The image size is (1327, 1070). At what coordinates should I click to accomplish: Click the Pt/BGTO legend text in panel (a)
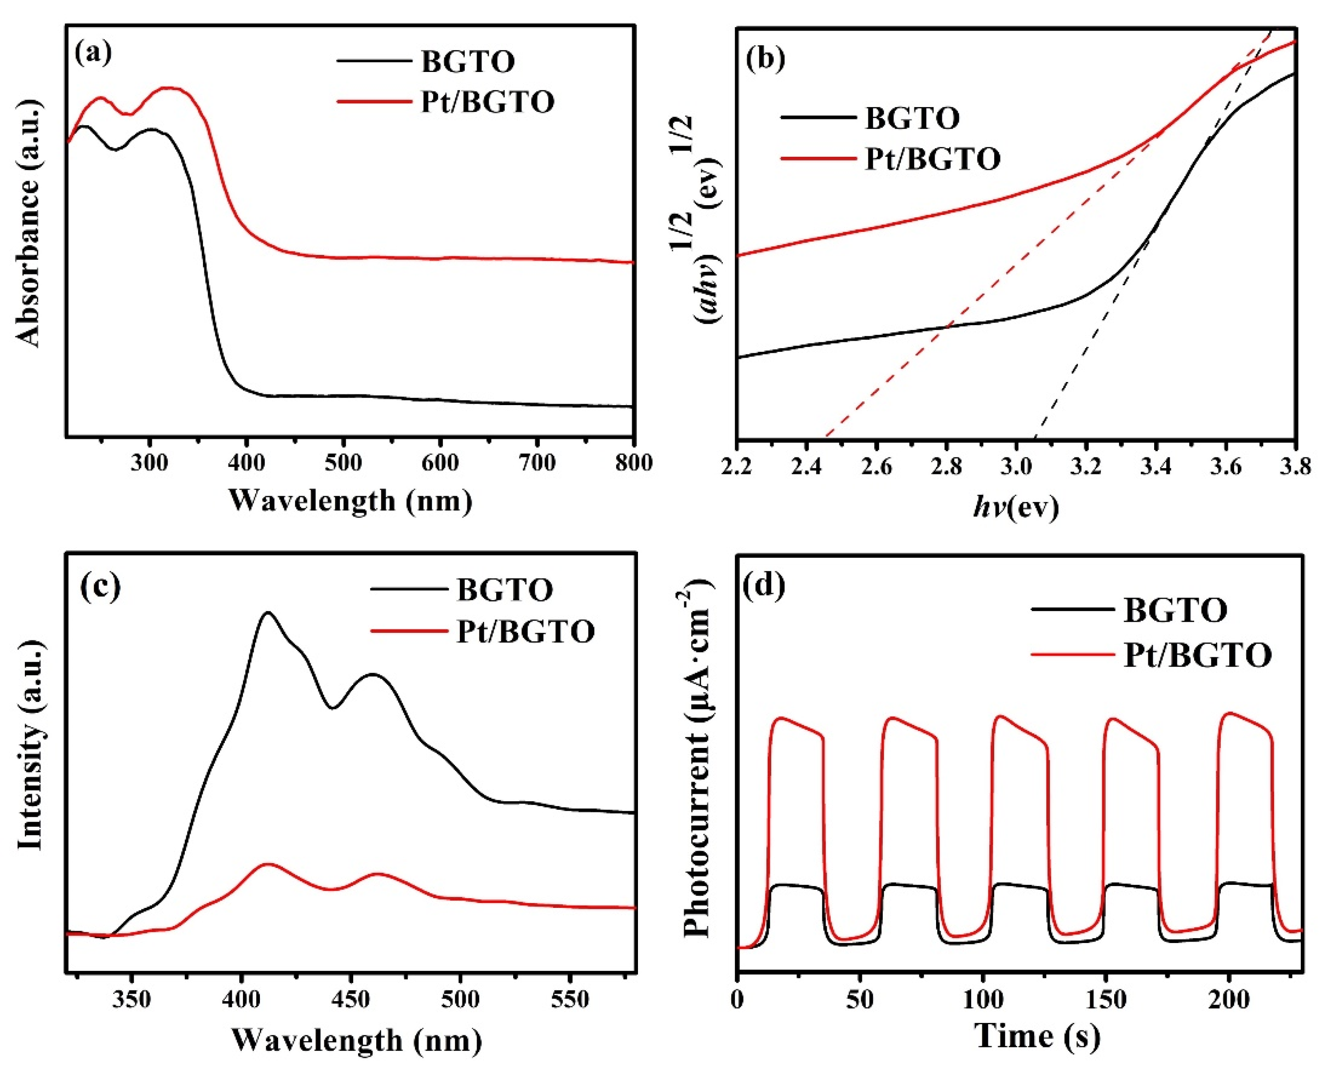[487, 102]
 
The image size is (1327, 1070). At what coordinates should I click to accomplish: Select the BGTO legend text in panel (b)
[912, 118]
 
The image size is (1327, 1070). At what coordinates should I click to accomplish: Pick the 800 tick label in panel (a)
[633, 463]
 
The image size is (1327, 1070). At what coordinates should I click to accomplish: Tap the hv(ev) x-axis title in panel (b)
[1016, 507]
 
